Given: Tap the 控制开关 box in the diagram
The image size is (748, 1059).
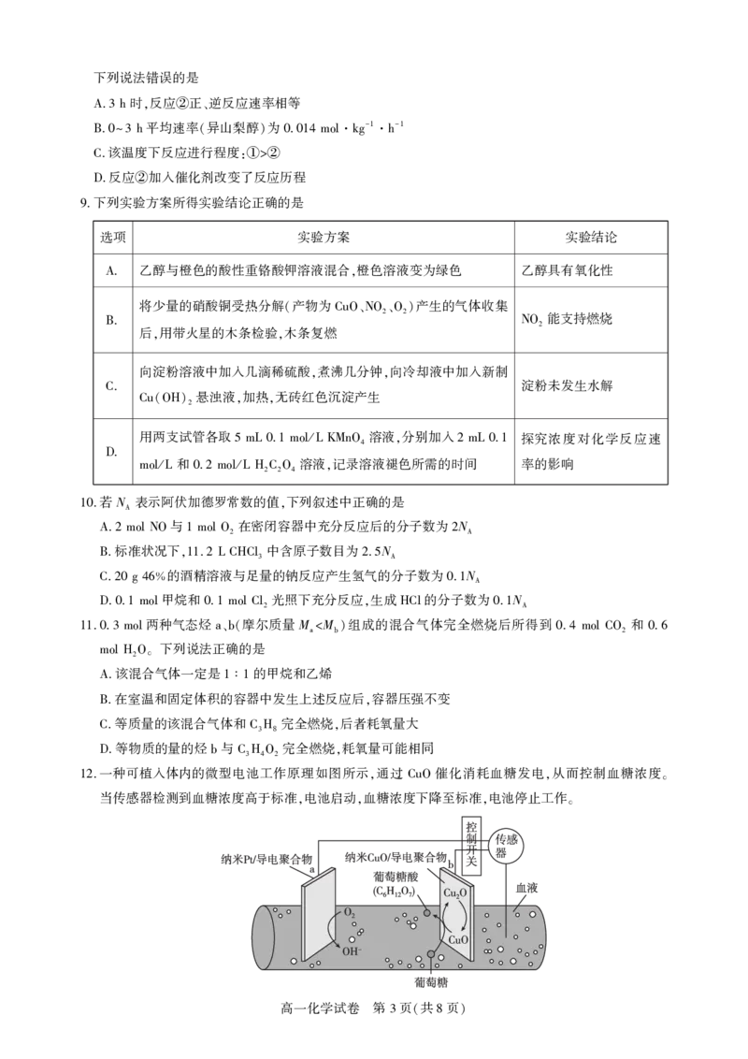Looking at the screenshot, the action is (x=471, y=844).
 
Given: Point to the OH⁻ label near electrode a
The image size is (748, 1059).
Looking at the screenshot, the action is (x=351, y=950).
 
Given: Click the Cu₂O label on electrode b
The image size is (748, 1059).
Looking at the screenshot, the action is (x=454, y=892).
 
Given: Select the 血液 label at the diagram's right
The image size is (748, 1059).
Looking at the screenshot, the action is (x=526, y=888).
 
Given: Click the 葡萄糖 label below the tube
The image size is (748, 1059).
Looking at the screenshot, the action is (x=431, y=982).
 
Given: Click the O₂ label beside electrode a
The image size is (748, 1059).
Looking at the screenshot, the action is (x=350, y=913).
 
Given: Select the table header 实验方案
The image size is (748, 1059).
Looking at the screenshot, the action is (x=324, y=237).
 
